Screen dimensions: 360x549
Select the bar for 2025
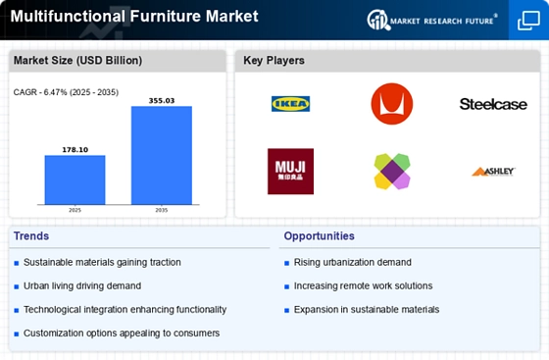tap(75, 179)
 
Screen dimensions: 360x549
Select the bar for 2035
tap(162, 154)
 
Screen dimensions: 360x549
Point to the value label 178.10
tap(75, 150)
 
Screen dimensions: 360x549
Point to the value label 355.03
tap(162, 100)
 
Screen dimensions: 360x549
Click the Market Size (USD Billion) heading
tap(77, 61)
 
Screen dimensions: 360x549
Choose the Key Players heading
tap(274, 61)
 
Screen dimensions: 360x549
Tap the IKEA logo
tap(291, 104)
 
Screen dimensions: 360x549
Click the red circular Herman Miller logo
tap(391, 104)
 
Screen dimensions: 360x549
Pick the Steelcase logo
tap(493, 104)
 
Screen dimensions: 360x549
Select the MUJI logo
tap(291, 171)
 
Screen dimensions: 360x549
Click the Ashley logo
tap(493, 172)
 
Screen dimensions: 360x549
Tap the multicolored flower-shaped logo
tap(391, 172)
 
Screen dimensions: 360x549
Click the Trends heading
tap(32, 236)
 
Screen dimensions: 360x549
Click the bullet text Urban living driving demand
tap(82, 285)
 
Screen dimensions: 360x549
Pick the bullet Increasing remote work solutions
tap(364, 285)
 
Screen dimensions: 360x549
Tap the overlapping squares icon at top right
tap(527, 20)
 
